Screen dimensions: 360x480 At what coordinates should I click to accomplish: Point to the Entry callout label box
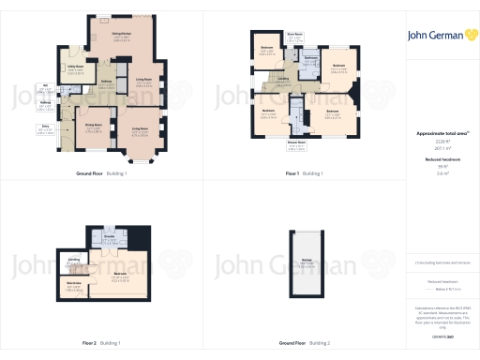44,130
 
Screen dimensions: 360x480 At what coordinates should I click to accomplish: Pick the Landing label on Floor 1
282,80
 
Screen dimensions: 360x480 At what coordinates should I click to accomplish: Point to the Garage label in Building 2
307,263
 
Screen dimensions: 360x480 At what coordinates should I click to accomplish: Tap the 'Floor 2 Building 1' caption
103,343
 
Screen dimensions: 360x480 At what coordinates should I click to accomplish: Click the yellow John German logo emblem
468,35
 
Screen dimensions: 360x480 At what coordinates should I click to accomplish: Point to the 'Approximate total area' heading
442,133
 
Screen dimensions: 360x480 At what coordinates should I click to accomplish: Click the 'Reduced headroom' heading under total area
442,160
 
